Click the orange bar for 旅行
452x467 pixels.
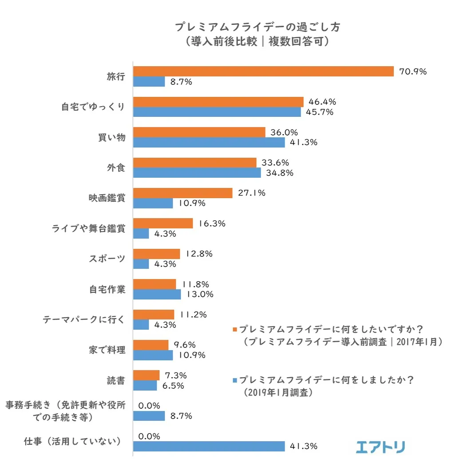(263, 72)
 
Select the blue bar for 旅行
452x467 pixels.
(149, 82)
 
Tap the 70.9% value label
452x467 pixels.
(413, 72)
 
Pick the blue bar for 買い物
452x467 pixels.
(209, 142)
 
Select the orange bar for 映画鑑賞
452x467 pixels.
(183, 193)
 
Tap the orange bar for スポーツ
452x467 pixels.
(157, 254)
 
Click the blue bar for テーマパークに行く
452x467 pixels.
(141, 325)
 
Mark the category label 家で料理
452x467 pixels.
(107, 350)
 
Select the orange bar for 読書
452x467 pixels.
(147, 375)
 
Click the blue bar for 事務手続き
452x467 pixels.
(149, 416)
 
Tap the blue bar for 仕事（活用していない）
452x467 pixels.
(209, 446)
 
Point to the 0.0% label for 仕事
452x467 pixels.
(149, 436)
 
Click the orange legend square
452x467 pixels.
(234, 330)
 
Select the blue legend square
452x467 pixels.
(234, 380)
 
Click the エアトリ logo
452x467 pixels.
(380, 447)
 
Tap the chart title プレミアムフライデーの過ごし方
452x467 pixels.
(258, 28)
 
